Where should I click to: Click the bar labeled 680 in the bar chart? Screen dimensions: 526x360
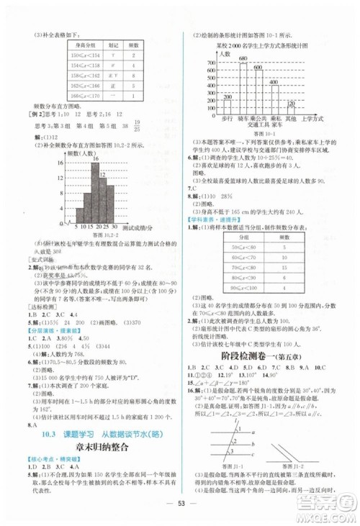pos(243,86)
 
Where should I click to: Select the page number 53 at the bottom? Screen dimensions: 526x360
pos(179,512)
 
